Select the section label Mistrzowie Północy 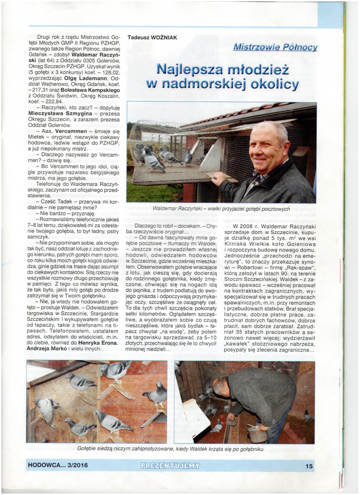[x=275, y=47]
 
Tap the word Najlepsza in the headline [x=193, y=69]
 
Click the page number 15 [x=309, y=466]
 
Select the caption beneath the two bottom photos [x=171, y=449]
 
